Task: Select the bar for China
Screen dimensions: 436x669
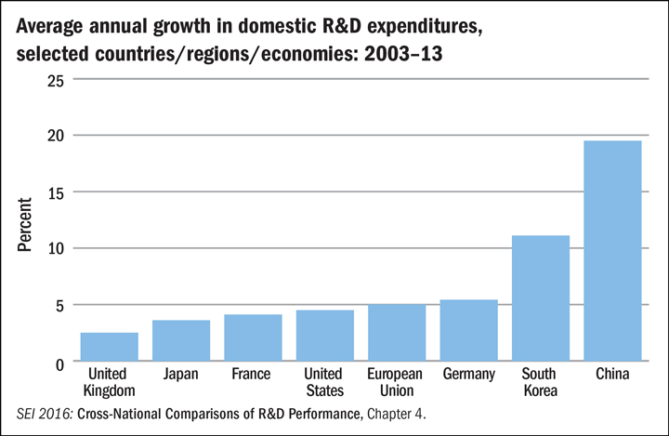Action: pos(612,251)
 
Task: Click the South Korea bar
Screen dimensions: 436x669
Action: pos(541,298)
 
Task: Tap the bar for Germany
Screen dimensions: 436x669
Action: pos(468,330)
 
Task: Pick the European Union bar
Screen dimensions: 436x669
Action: pos(397,332)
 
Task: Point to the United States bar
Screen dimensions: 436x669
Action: pos(325,335)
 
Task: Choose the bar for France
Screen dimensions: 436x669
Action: pos(253,337)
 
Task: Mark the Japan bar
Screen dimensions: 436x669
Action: pos(181,339)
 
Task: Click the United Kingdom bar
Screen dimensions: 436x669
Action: pos(110,346)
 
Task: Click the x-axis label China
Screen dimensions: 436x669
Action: pos(612,375)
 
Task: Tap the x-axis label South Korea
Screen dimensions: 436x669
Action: pos(541,382)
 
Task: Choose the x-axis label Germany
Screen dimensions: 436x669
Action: pos(468,375)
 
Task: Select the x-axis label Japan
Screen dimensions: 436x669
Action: pos(181,375)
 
